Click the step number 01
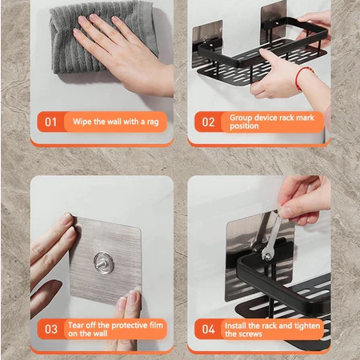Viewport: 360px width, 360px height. click(50, 122)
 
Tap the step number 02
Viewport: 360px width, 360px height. click(208, 122)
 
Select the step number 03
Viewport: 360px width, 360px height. click(51, 330)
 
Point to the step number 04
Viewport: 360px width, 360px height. click(208, 330)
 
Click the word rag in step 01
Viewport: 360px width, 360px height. click(153, 122)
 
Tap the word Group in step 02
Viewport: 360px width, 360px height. click(241, 118)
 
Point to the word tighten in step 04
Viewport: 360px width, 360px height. click(307, 326)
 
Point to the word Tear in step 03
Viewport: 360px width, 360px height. click(76, 326)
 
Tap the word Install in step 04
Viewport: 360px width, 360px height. click(235, 326)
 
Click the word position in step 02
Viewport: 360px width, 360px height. click(244, 126)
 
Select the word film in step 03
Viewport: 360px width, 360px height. click(156, 326)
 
